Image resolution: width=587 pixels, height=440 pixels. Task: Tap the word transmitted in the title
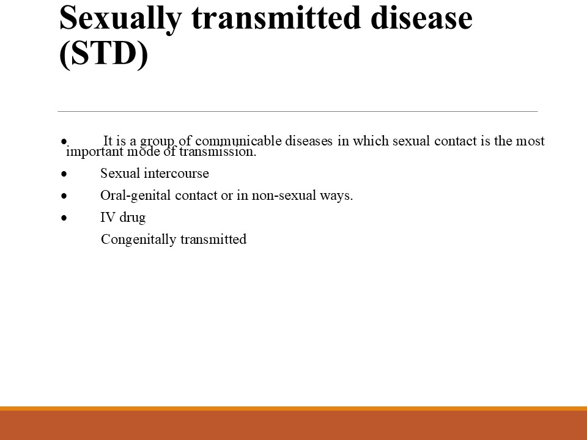point(276,17)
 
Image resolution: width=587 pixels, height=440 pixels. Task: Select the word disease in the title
point(421,17)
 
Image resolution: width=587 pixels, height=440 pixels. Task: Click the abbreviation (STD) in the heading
point(104,54)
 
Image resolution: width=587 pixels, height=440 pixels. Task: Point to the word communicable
point(238,141)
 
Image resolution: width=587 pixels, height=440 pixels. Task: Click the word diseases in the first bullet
point(308,141)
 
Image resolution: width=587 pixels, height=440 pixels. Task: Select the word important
point(95,152)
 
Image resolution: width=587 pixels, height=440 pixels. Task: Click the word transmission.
point(218,152)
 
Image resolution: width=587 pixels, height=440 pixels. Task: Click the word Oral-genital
point(136,196)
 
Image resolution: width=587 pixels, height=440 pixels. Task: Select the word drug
point(132,218)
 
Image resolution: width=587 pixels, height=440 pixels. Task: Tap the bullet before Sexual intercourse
point(64,174)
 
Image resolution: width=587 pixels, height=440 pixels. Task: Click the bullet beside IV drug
point(64,218)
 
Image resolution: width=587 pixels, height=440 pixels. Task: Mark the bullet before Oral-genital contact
point(64,196)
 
